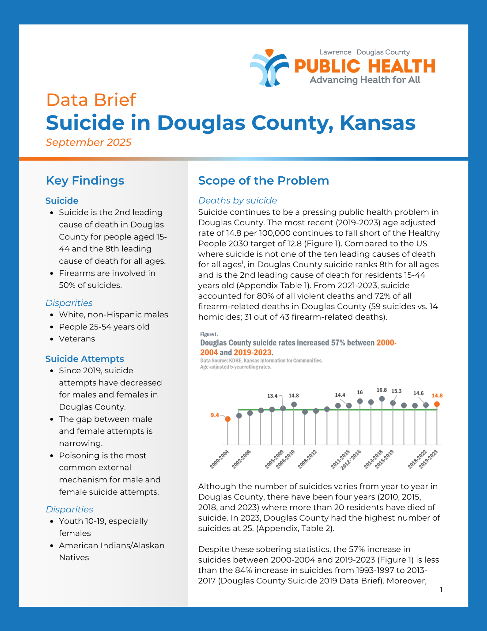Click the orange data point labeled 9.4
coord(228,419)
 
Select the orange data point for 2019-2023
coord(437,404)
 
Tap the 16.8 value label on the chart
coord(381,390)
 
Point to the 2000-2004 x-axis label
coord(219,459)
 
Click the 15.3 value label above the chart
coord(397,391)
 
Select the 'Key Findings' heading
coord(85,180)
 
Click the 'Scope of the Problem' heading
coord(264,180)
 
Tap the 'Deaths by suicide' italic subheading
coord(238,200)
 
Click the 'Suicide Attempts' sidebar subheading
coord(84,359)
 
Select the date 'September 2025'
coord(89,142)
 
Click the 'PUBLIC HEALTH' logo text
coord(365,66)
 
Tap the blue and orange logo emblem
coord(269,68)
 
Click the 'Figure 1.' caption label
coord(209,334)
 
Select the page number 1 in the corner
coord(441,589)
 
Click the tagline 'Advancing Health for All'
coord(365,80)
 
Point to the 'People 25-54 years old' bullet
coord(104,327)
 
